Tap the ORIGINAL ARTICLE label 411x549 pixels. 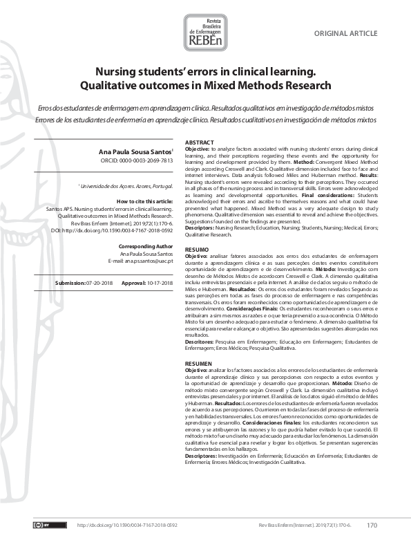345,33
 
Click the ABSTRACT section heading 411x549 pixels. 200,142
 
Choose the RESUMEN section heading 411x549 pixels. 199,363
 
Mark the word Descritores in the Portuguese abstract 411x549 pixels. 201,341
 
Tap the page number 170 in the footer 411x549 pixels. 372,525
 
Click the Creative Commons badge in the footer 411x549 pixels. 41,525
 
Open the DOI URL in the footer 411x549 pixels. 123,525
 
